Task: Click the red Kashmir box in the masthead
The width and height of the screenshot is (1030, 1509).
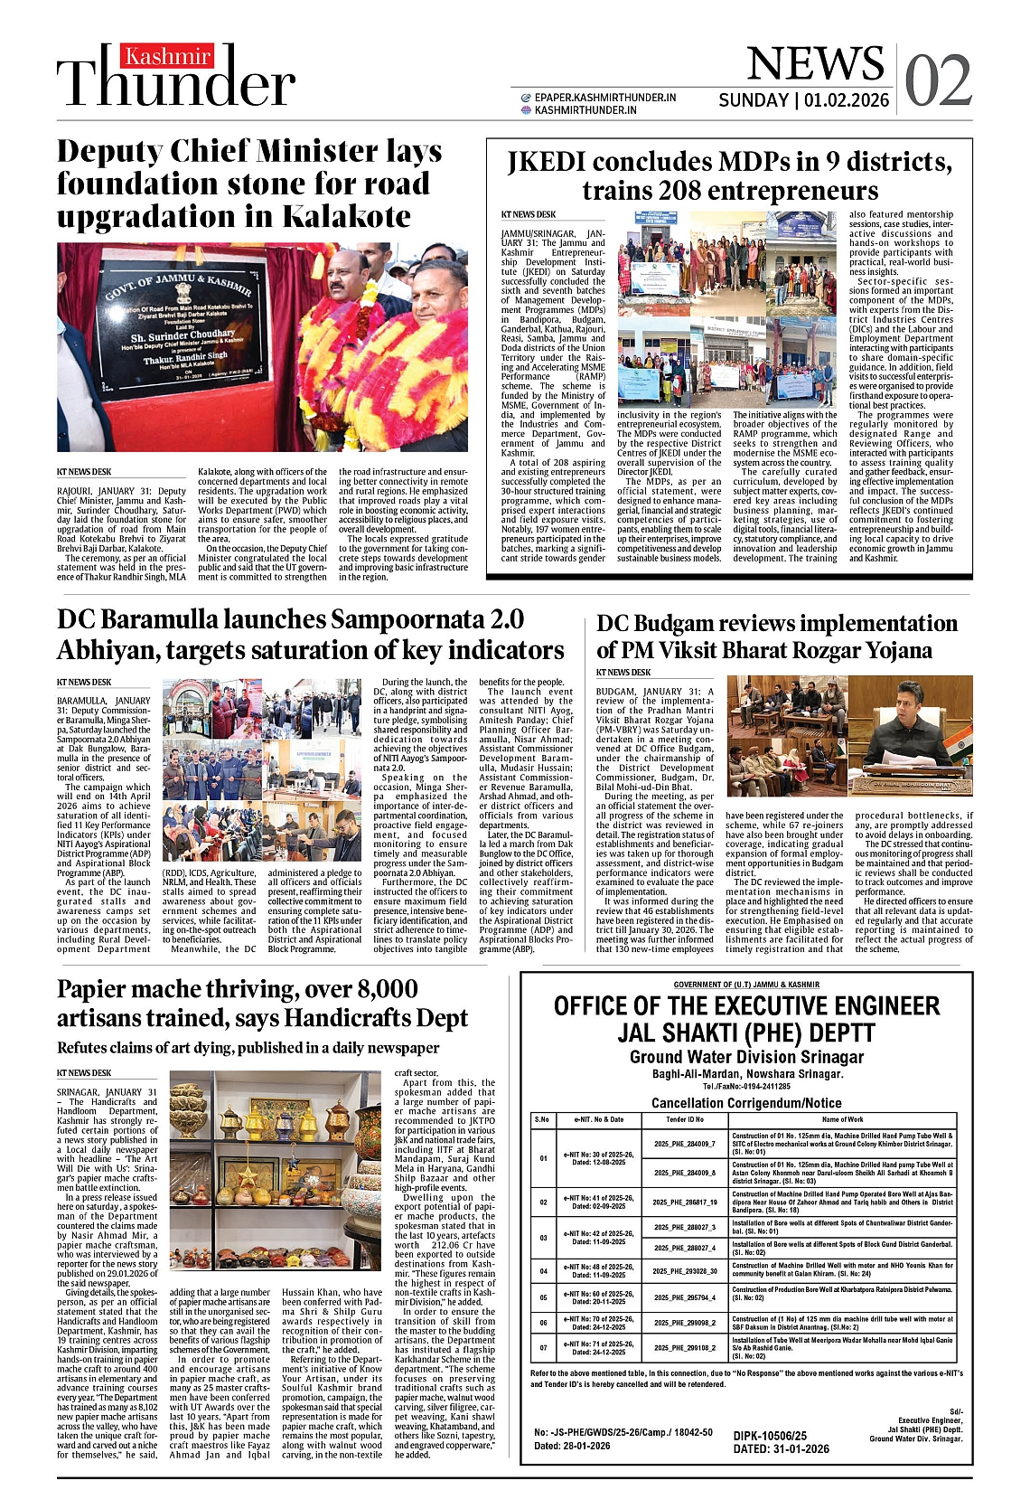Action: pyautogui.click(x=169, y=57)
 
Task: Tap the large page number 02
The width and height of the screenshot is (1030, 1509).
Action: pyautogui.click(x=938, y=80)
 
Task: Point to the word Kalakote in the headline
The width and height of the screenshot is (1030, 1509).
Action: pyautogui.click(x=346, y=217)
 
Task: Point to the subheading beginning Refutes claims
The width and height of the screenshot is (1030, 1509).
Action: pyautogui.click(x=248, y=1048)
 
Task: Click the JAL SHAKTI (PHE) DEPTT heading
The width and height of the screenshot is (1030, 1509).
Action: pyautogui.click(x=746, y=1033)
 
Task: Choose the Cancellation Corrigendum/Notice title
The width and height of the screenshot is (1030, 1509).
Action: pyautogui.click(x=746, y=1103)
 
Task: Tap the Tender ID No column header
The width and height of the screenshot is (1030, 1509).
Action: pyautogui.click(x=685, y=1119)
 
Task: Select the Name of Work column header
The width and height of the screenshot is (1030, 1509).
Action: pyautogui.click(x=842, y=1119)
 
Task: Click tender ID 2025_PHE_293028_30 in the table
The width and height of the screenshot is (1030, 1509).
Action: pyautogui.click(x=685, y=1270)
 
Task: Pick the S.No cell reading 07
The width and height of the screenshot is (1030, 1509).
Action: pyautogui.click(x=543, y=1347)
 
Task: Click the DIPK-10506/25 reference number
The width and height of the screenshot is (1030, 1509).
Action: pyautogui.click(x=770, y=1436)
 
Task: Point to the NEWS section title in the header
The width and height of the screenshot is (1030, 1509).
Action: pyautogui.click(x=815, y=63)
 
